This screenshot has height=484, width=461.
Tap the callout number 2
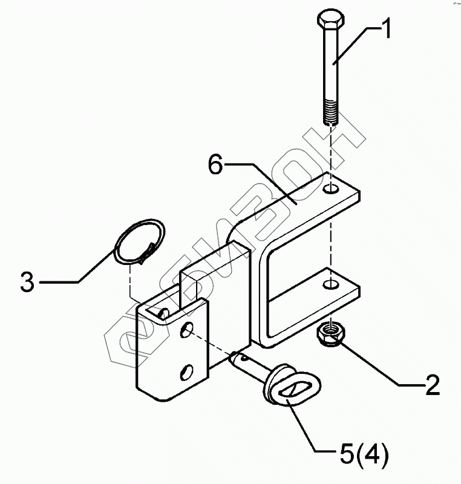pyautogui.click(x=433, y=385)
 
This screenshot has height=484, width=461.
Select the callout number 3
pyautogui.click(x=27, y=281)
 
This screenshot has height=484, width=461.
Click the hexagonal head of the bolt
pyautogui.click(x=331, y=20)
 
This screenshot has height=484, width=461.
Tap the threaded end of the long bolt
pyautogui.click(x=331, y=111)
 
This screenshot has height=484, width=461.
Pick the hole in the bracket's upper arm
pyautogui.click(x=331, y=189)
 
